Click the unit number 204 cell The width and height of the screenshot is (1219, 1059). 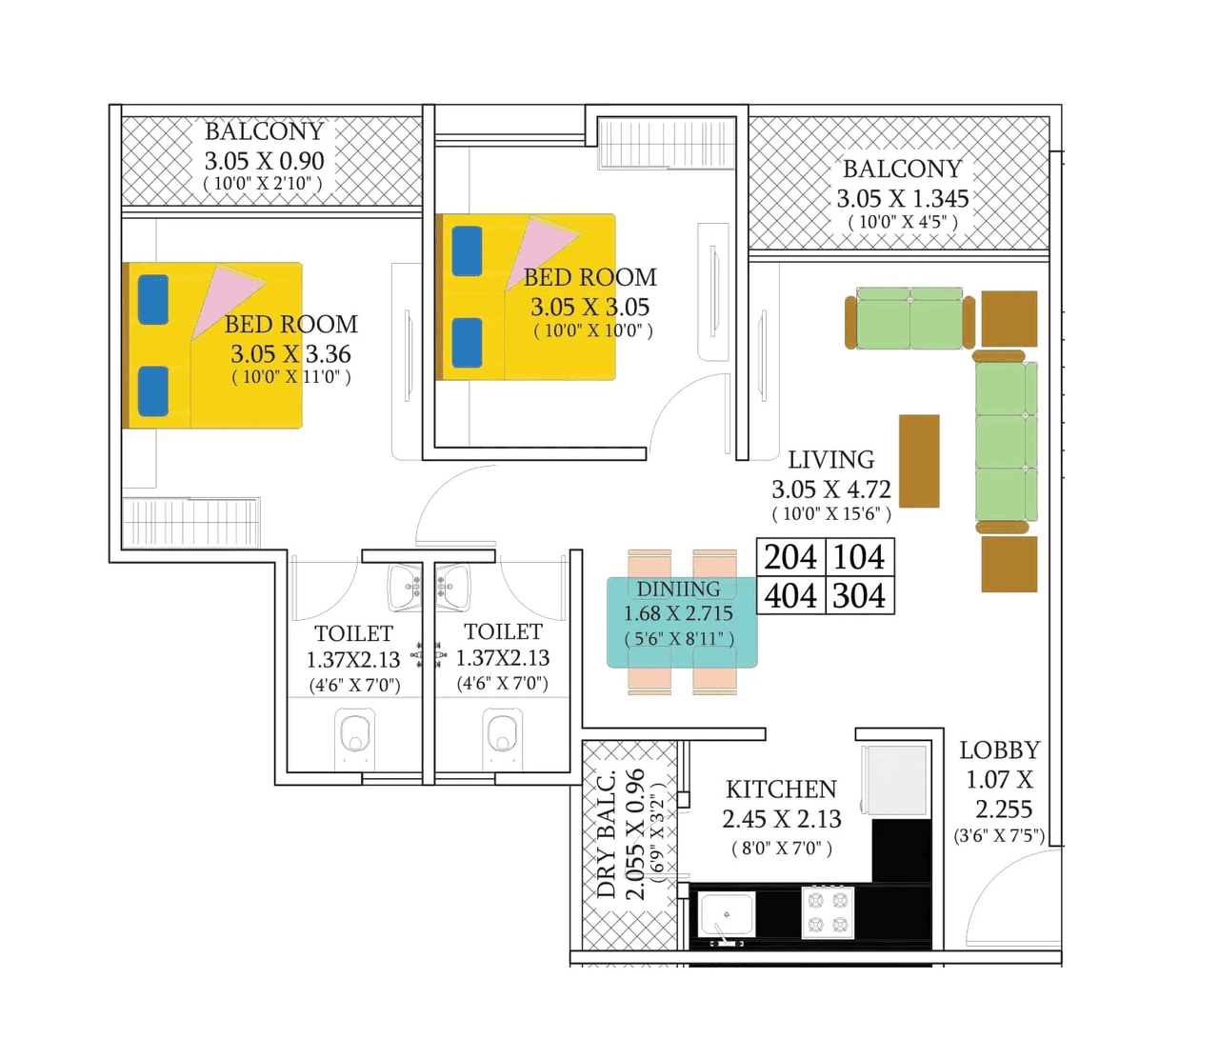click(x=790, y=557)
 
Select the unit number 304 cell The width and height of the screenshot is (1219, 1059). click(x=859, y=596)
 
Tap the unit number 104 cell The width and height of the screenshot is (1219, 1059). click(x=859, y=557)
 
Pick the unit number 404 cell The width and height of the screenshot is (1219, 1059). click(x=790, y=596)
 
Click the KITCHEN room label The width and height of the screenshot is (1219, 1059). click(x=781, y=789)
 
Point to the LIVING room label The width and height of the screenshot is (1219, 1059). click(x=830, y=460)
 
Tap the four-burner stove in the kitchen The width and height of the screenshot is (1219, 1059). click(x=828, y=912)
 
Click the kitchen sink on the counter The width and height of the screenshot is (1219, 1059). click(x=726, y=914)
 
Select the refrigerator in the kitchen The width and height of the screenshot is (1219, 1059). click(x=896, y=779)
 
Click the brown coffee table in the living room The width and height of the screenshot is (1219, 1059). click(x=919, y=461)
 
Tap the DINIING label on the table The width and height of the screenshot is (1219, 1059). click(x=678, y=589)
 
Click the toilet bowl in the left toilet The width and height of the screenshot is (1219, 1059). click(x=354, y=737)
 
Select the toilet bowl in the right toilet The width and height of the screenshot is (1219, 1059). click(x=502, y=735)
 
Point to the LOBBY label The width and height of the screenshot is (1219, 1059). click(x=999, y=750)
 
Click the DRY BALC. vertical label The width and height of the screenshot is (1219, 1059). click(x=606, y=834)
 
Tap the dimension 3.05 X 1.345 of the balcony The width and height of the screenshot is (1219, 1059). click(x=902, y=199)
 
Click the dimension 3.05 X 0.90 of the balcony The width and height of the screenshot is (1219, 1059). click(x=264, y=161)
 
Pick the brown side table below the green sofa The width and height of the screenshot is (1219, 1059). click(x=1009, y=564)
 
